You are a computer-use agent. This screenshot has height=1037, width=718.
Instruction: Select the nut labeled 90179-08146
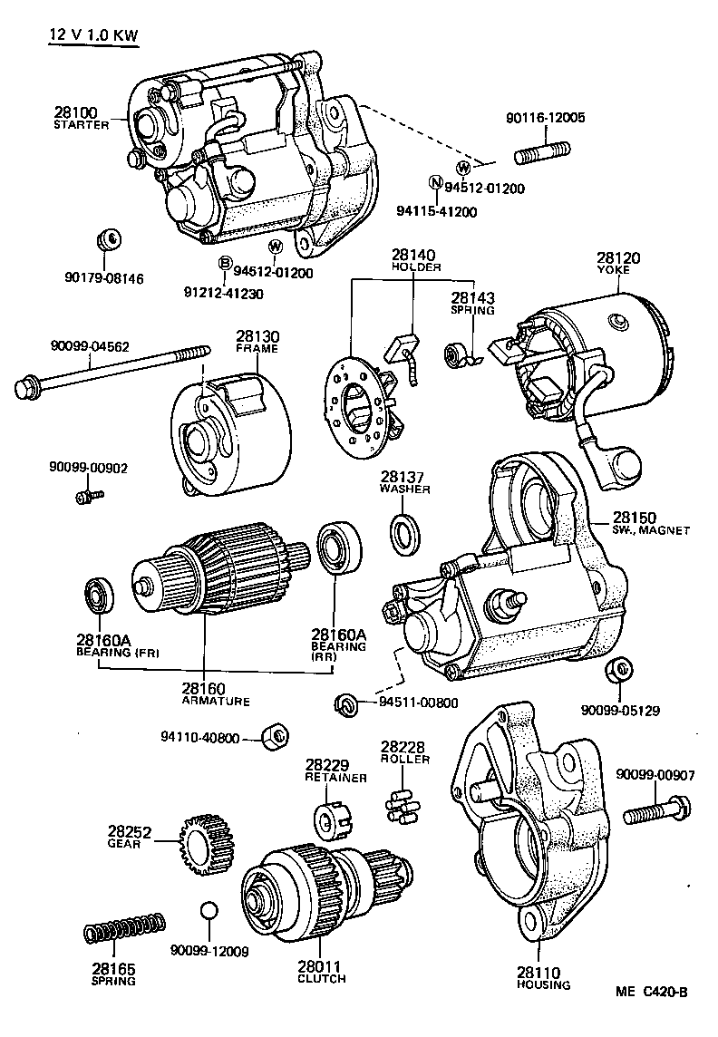point(108,240)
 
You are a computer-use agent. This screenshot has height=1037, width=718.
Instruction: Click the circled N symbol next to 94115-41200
point(436,182)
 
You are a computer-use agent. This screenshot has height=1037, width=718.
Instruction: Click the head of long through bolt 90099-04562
point(28,390)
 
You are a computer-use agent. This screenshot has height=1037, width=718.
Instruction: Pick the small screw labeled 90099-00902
point(88,496)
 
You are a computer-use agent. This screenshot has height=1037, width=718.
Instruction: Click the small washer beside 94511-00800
point(344,703)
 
